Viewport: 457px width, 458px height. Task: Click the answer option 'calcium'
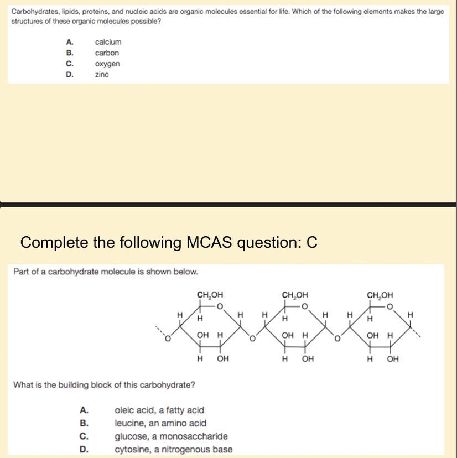(108, 42)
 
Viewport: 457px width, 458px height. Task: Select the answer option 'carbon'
(107, 53)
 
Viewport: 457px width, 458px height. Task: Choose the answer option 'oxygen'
(107, 64)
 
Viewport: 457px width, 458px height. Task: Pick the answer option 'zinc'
(102, 74)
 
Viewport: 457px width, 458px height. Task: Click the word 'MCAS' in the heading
(212, 243)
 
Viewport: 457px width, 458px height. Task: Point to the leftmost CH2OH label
(210, 295)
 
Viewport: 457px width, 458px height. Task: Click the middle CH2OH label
(295, 295)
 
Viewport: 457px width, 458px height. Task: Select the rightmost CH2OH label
(380, 295)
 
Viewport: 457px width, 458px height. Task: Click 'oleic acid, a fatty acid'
(159, 410)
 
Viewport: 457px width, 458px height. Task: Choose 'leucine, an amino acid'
(160, 423)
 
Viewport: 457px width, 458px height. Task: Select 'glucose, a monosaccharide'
(171, 436)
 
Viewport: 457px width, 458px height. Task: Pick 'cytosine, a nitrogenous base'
(173, 449)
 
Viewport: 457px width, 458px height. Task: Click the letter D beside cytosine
(84, 449)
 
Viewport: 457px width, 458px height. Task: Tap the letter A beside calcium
(69, 42)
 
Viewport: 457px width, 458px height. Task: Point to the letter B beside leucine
(84, 423)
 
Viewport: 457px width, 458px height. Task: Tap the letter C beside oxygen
(69, 64)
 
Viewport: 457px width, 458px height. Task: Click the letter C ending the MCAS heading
(312, 243)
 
